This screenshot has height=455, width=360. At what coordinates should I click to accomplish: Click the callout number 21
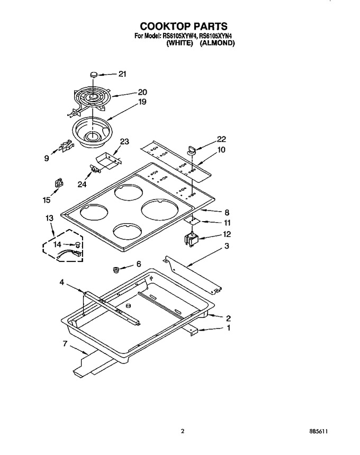coord(122,74)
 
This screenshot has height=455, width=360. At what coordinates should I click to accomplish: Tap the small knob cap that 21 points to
coord(93,75)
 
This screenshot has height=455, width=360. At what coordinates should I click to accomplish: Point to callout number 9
coord(47,158)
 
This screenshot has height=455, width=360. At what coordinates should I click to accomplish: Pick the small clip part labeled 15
coord(59,184)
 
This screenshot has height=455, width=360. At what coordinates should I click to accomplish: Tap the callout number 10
coord(221,150)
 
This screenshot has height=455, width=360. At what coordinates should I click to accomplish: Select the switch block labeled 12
coord(191,239)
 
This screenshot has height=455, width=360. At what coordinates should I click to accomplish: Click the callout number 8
coord(227,212)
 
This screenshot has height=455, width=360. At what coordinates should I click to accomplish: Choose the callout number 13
coord(49,218)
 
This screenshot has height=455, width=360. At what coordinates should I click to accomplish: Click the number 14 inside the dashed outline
coord(57,244)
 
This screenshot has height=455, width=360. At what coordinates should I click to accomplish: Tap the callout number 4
coord(62,282)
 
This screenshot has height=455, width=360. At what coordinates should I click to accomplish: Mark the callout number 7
coord(65,343)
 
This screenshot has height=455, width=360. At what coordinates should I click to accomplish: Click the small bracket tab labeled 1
coord(191,331)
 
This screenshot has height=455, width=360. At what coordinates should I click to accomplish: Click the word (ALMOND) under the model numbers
coord(218,43)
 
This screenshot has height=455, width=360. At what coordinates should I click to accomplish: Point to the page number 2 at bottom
coord(182,431)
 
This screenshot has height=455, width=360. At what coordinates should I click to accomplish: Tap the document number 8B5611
coord(319,432)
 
